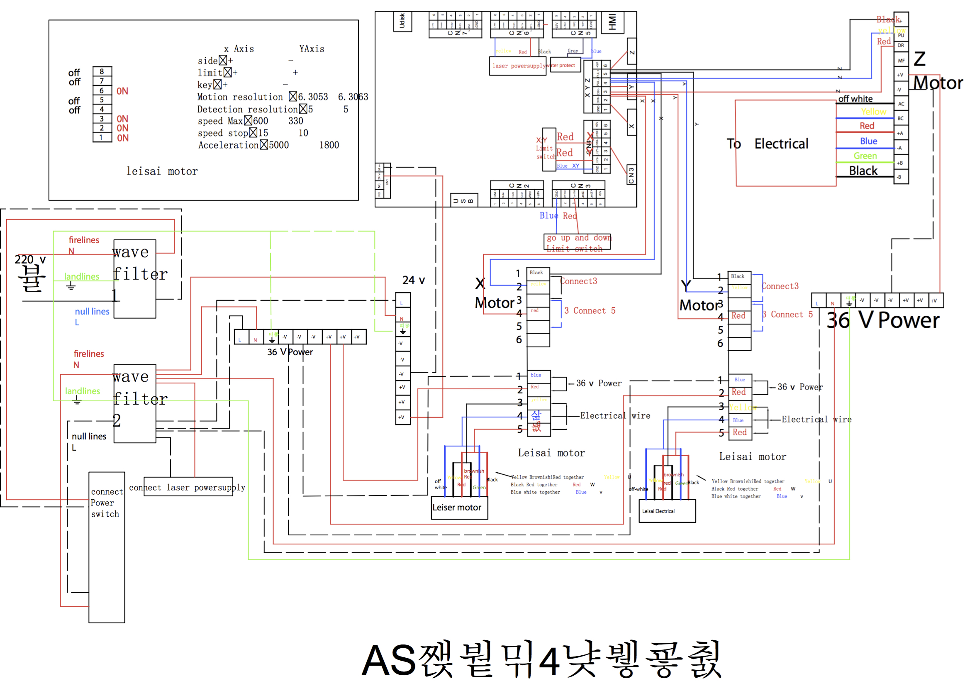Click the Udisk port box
click(402, 21)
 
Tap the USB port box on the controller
click(463, 200)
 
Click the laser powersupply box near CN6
click(517, 66)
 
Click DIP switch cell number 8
click(102, 71)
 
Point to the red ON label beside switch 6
click(122, 91)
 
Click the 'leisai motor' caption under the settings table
click(162, 171)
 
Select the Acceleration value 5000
click(279, 145)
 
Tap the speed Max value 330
click(296, 121)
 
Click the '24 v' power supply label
click(413, 280)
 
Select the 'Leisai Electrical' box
click(667, 511)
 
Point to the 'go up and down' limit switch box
click(577, 242)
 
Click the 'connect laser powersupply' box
click(188, 487)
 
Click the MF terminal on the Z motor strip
click(901, 61)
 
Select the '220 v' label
click(30, 259)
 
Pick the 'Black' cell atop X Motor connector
click(537, 273)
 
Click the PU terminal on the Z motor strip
click(901, 35)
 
